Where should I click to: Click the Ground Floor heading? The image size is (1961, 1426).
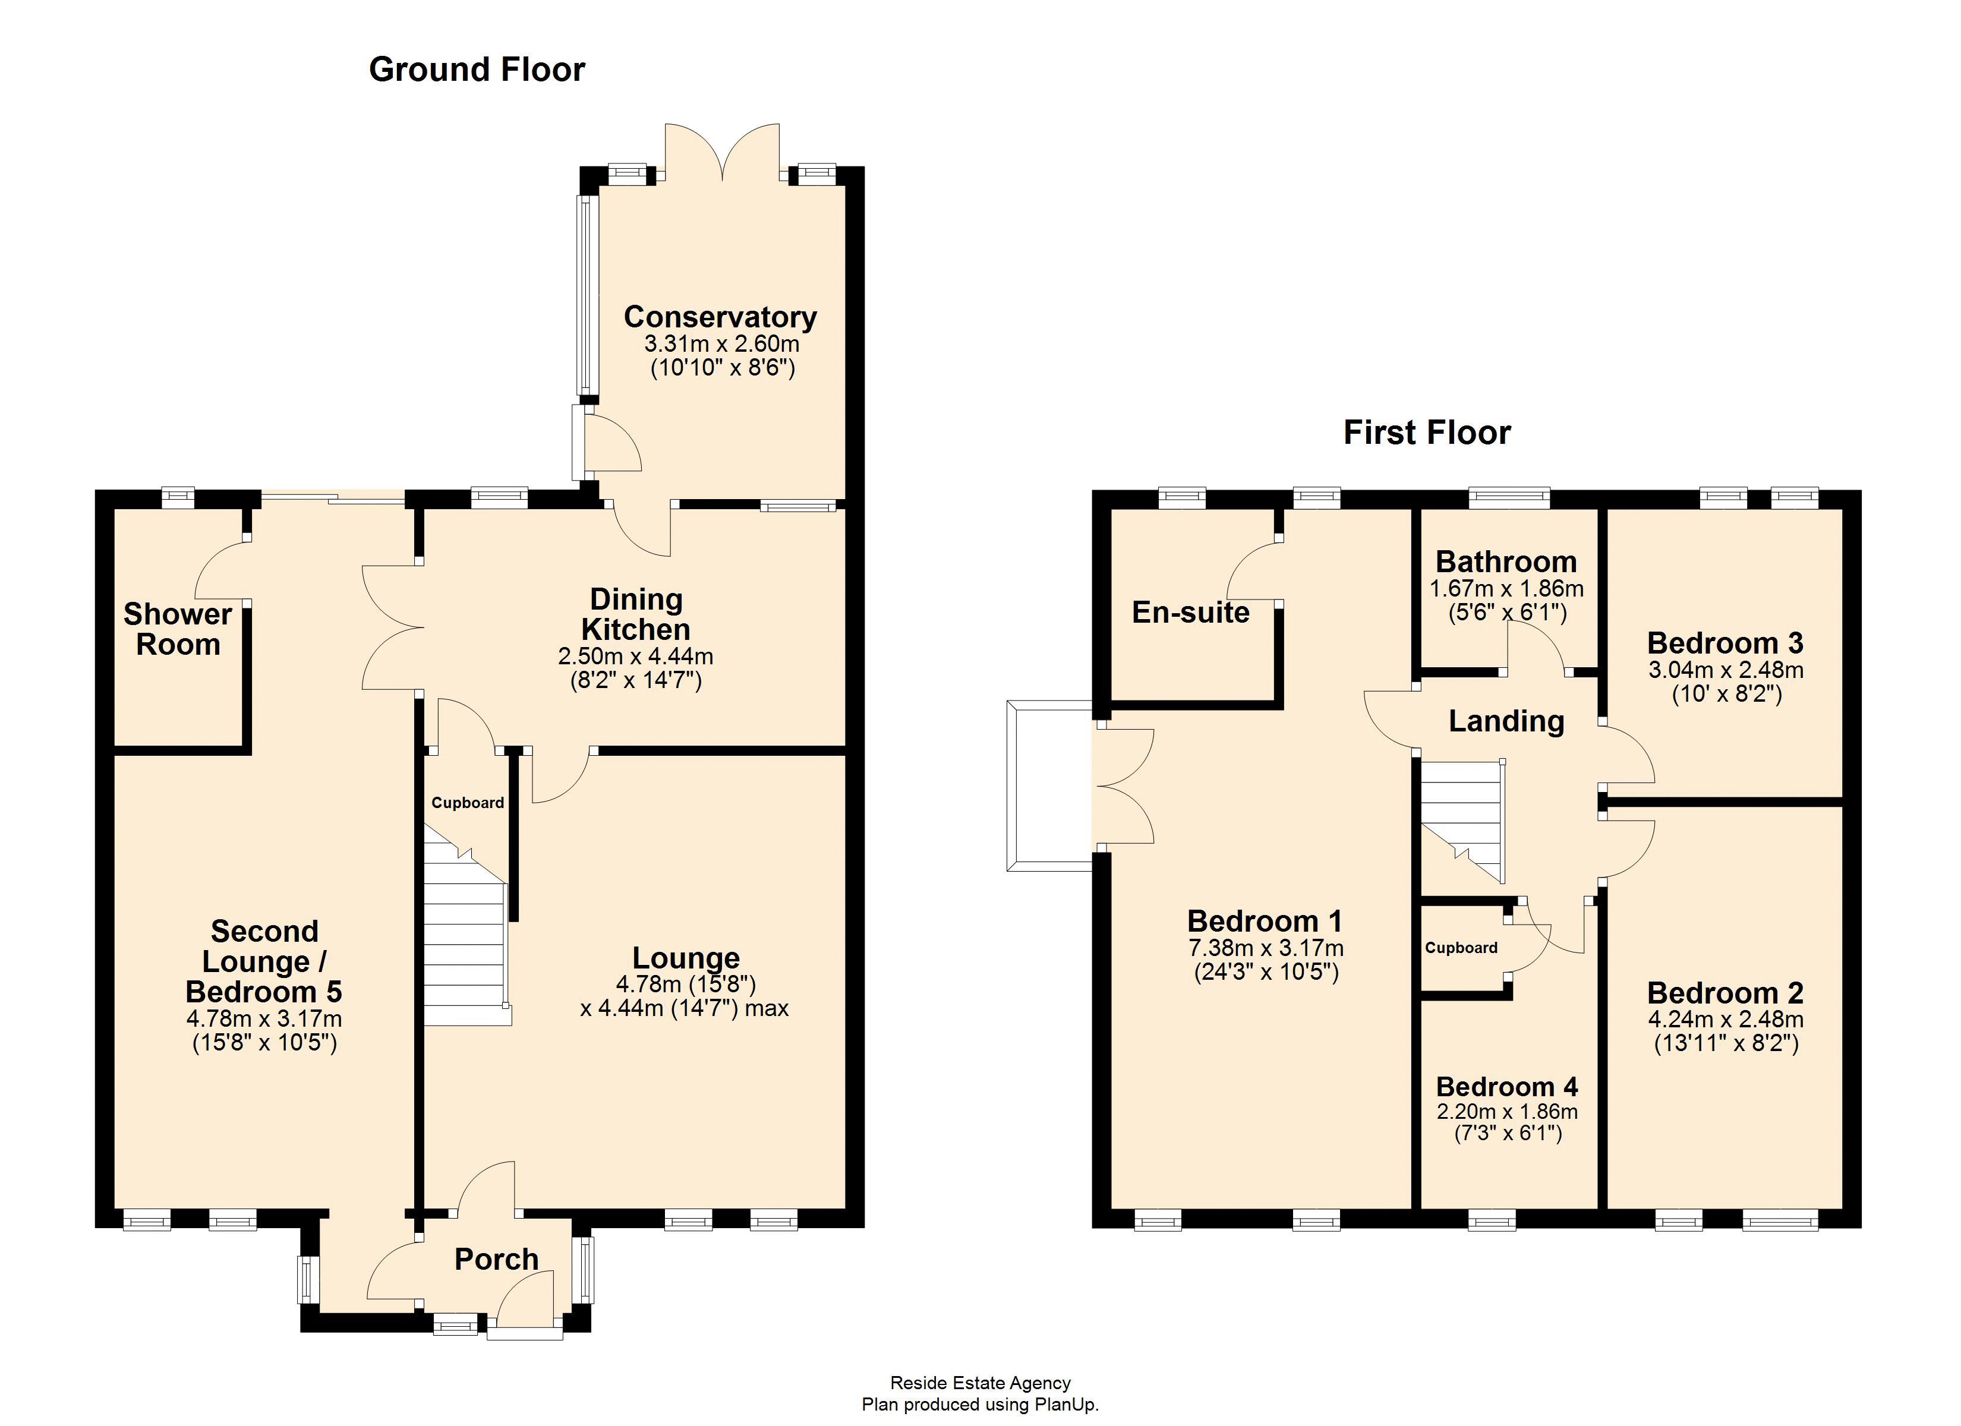[x=477, y=69]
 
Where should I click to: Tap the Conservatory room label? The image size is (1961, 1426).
[x=720, y=317]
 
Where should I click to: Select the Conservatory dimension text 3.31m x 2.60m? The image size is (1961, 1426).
[x=721, y=344]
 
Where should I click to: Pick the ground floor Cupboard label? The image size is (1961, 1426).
[x=467, y=803]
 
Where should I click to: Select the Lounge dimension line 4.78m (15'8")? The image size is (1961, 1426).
[x=686, y=983]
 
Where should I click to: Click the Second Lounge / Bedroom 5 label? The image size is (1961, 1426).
[x=264, y=961]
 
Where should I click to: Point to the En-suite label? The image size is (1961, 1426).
[x=1191, y=612]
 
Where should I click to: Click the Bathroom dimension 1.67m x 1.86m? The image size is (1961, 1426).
[x=1506, y=589]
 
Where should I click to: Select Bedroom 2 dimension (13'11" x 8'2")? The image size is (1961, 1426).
[x=1726, y=1043]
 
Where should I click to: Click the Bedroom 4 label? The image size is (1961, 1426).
[x=1507, y=1086]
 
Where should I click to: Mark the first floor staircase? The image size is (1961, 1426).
[x=1461, y=822]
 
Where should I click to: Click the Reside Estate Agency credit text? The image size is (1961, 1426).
[x=980, y=1383]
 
